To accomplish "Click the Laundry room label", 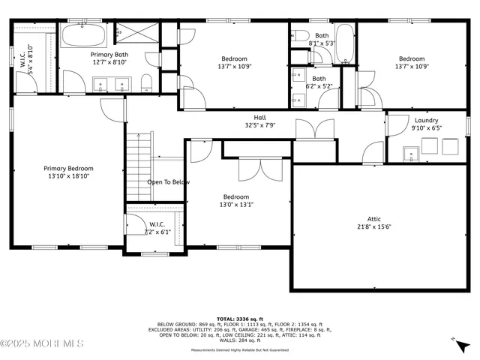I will [426, 120].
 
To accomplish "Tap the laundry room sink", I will [411, 154].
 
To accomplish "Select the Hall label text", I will [259, 118].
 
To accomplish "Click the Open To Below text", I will [168, 182].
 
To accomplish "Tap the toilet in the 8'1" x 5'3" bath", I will [298, 35].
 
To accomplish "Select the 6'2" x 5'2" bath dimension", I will [319, 87].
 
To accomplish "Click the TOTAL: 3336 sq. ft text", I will [239, 318].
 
